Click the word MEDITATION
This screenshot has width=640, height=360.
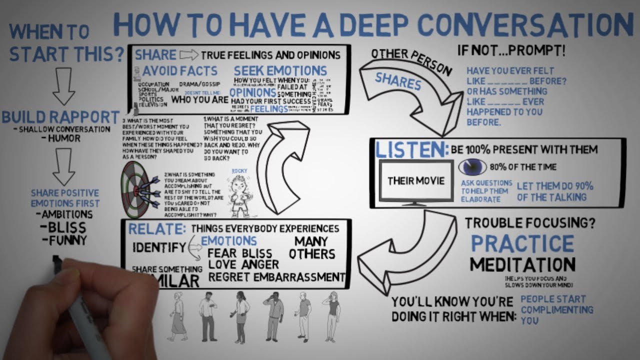522,264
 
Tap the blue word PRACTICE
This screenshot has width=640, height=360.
522,243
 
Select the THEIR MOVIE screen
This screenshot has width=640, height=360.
416,180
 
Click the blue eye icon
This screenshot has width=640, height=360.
472,167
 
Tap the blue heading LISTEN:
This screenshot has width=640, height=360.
411,149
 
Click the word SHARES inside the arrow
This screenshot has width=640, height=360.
398,81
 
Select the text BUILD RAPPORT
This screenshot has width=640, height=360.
60,117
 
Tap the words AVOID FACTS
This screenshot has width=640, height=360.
179,70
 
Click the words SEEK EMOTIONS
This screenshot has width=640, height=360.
280,70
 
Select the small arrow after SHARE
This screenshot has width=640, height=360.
188,54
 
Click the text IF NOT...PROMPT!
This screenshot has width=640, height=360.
512,51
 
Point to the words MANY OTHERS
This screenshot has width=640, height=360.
311,247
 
